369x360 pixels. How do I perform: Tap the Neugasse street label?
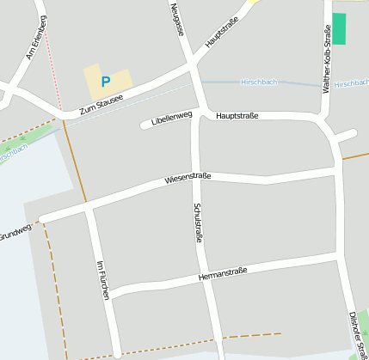[177, 20]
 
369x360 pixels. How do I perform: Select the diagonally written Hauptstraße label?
[221, 30]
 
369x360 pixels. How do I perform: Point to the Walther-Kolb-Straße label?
[326, 59]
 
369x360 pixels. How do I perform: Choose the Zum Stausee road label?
[101, 104]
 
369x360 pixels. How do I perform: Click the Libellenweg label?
[170, 119]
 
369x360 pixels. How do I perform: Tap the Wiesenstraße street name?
[188, 179]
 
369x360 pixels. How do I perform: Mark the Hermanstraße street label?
[222, 274]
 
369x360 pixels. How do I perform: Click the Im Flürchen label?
[103, 279]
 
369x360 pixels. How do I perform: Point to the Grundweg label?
[15, 232]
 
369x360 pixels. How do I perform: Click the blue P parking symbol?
[106, 82]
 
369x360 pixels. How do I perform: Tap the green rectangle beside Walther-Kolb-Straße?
[339, 28]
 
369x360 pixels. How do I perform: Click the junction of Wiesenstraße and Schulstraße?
[201, 177]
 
